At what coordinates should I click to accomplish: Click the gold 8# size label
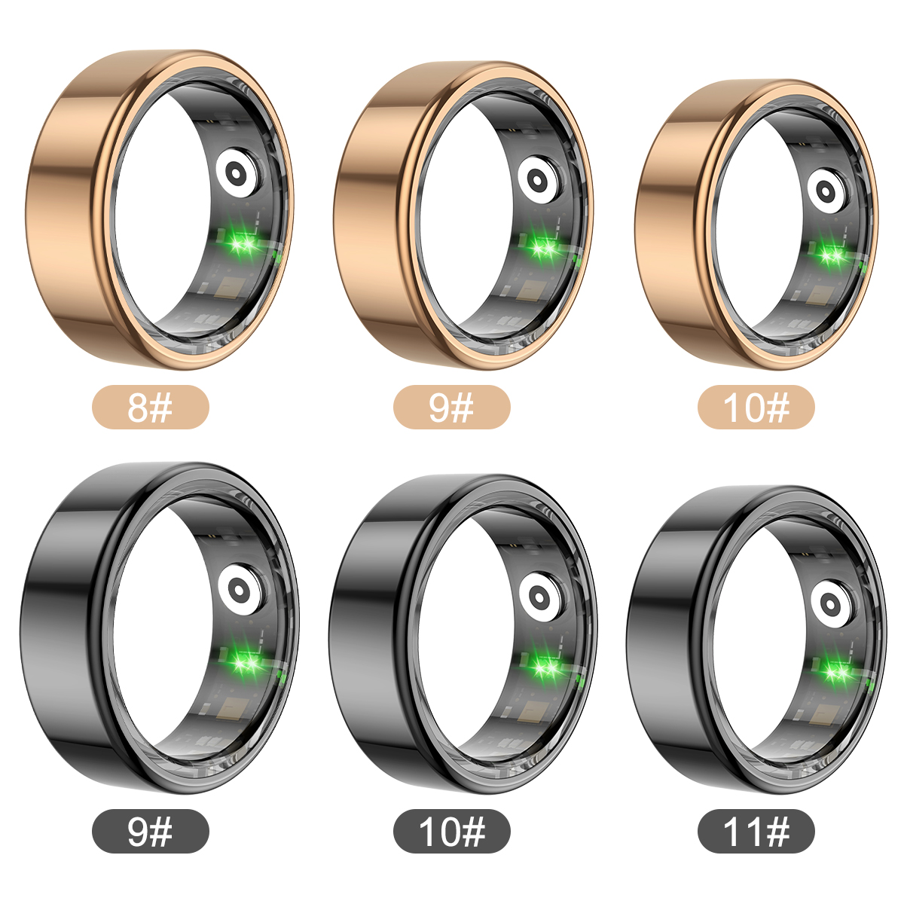click(150, 407)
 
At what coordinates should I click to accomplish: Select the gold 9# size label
click(451, 407)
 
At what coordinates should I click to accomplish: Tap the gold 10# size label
click(756, 407)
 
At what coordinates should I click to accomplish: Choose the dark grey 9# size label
click(150, 831)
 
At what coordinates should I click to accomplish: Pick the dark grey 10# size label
click(451, 831)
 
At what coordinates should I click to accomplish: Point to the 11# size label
click(756, 831)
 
